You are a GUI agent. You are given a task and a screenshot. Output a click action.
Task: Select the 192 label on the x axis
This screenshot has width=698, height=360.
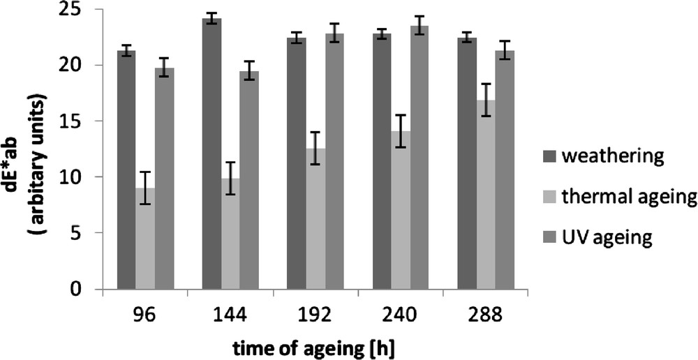coord(315,314)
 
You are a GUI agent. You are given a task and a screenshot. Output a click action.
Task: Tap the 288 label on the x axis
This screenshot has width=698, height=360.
coord(486,314)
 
